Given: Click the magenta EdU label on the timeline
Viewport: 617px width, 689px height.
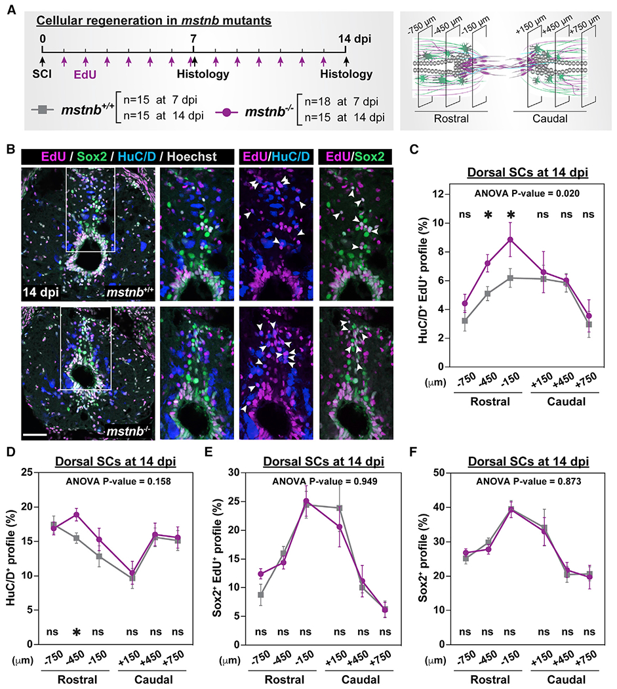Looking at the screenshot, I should [x=85, y=74].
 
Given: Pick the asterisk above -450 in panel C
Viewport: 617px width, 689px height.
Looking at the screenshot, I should [x=487, y=215].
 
